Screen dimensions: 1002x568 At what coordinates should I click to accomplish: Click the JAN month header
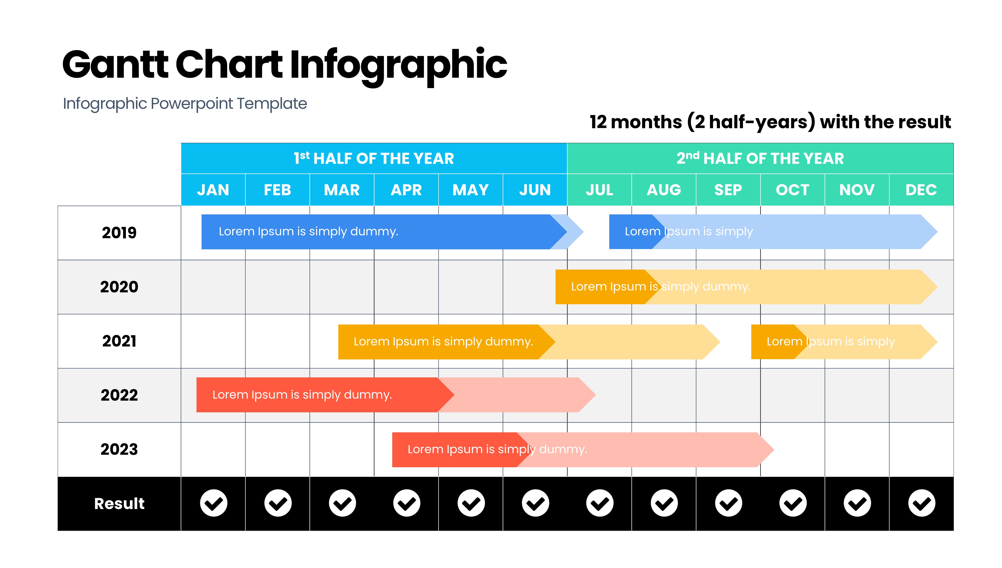[213, 190]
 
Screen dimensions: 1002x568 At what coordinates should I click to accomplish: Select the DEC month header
[921, 190]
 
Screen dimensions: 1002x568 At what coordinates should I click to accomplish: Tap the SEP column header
[728, 190]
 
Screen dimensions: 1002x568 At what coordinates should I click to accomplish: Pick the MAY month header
[470, 190]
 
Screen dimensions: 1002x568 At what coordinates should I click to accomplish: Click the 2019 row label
[120, 233]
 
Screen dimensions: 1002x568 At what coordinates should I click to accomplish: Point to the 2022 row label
[120, 395]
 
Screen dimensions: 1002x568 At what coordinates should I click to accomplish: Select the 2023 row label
[120, 449]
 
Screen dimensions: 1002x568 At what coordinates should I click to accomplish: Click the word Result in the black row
[120, 504]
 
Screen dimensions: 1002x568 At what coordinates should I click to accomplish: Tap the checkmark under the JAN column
[213, 503]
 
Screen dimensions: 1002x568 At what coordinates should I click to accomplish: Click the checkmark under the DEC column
[922, 503]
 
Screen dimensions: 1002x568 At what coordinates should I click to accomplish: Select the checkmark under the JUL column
[600, 503]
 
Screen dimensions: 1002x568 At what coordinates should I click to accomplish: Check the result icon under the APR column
[407, 503]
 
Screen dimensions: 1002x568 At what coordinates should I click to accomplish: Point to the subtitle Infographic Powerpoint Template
[185, 104]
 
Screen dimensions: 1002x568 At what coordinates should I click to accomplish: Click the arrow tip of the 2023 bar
[774, 450]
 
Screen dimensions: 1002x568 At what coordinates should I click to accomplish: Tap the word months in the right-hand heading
[646, 122]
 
